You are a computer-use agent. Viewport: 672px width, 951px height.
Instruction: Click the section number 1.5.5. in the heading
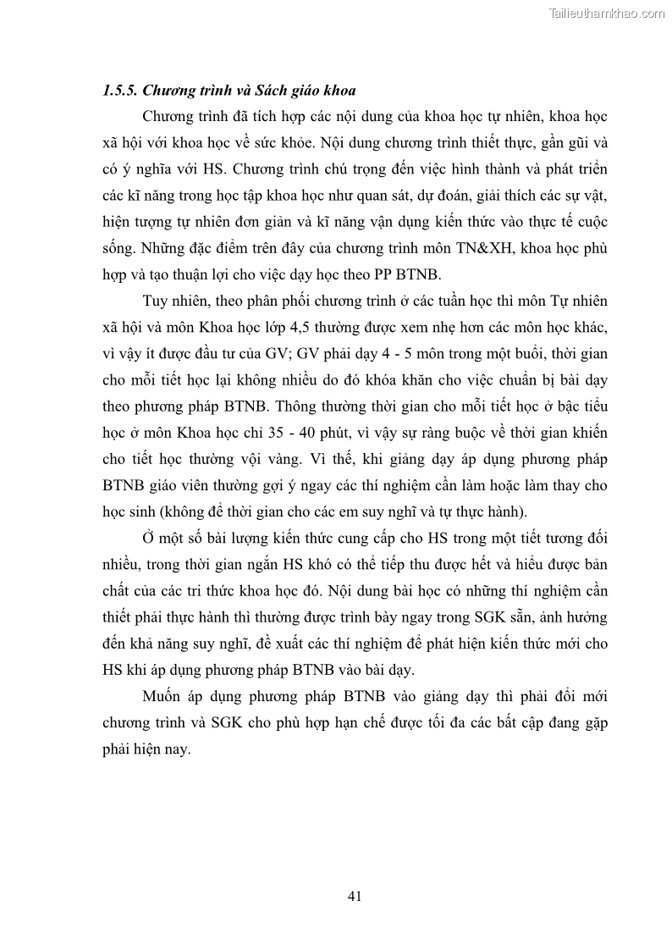119,90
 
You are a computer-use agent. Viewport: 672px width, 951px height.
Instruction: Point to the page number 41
355,895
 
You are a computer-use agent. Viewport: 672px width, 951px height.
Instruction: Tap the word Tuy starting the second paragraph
157,301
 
